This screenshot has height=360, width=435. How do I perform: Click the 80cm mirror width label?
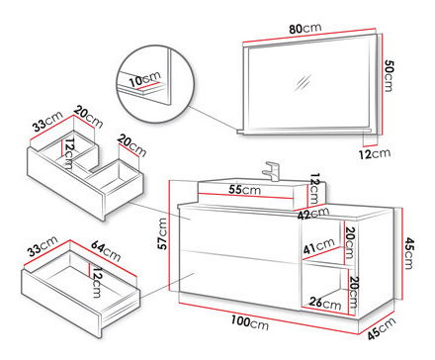tap(305, 29)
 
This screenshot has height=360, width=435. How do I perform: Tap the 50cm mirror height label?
tap(389, 76)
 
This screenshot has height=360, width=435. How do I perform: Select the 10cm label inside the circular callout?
tap(144, 79)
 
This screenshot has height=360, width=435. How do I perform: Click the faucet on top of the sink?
tap(271, 171)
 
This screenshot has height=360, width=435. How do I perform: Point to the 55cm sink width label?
tap(244, 190)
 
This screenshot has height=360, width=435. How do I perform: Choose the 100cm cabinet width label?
tap(249, 322)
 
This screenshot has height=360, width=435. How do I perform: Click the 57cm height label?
tap(162, 233)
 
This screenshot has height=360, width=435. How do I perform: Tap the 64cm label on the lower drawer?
tap(106, 251)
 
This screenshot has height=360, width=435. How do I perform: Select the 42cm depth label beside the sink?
tap(313, 214)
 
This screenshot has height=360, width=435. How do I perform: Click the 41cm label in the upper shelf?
tap(318, 246)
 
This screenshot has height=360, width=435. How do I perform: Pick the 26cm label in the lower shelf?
tap(325, 303)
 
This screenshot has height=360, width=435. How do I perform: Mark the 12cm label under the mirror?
tap(375, 153)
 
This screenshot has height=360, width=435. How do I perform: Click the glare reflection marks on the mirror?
tap(304, 83)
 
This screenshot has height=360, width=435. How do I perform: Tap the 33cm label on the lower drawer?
tap(43, 246)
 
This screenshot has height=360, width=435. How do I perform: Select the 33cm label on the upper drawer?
tap(47, 122)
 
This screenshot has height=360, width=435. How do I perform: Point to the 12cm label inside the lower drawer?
tap(97, 283)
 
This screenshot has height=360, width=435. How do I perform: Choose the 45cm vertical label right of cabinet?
tap(408, 253)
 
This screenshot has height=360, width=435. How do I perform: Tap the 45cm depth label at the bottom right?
tap(382, 328)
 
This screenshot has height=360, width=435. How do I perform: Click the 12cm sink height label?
tap(315, 189)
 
